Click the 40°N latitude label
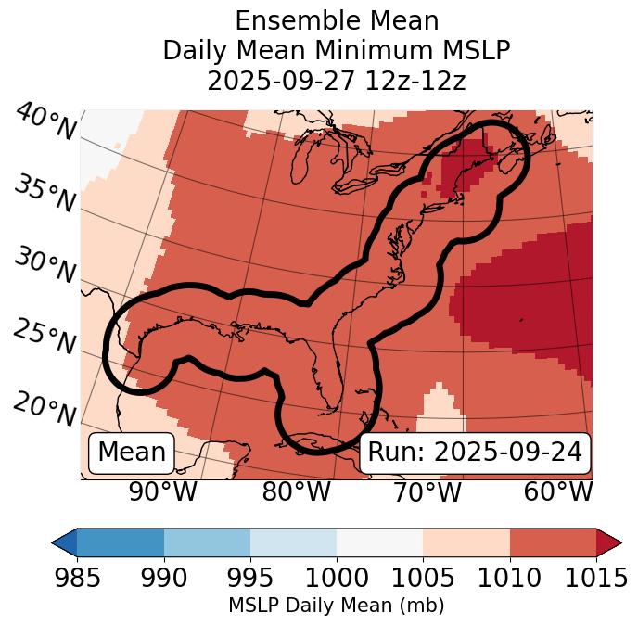pyautogui.click(x=45, y=122)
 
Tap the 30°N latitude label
pyautogui.click(x=45, y=265)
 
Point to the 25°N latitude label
pyautogui.click(x=45, y=337)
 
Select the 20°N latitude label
pyautogui.click(x=45, y=408)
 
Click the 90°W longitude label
pyautogui.click(x=163, y=491)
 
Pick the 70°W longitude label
pyautogui.click(x=426, y=491)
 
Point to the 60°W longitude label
pyautogui.click(x=558, y=491)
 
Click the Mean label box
pyautogui.click(x=132, y=453)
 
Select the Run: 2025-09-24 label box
pyautogui.click(x=475, y=453)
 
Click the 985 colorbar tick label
pyautogui.click(x=77, y=579)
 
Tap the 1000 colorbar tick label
pyautogui.click(x=337, y=579)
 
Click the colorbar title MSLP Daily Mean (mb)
pyautogui.click(x=336, y=606)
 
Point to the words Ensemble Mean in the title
pyautogui.click(x=336, y=20)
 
